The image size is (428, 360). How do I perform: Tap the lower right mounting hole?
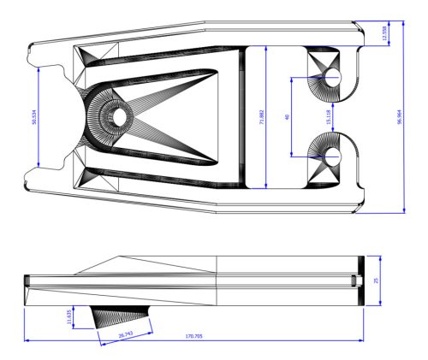point(333,155)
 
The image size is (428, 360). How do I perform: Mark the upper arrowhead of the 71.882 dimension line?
point(270,50)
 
